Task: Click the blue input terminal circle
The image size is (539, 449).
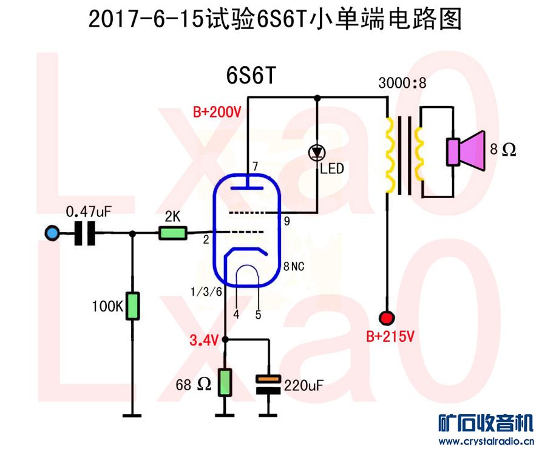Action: (52, 233)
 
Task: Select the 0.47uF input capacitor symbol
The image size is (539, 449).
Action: (85, 233)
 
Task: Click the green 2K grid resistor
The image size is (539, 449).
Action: (173, 233)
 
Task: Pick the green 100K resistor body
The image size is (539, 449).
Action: (132, 306)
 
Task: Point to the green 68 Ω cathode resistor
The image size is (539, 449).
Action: (225, 382)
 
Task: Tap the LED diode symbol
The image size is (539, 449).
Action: (316, 152)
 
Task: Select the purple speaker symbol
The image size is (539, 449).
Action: (466, 150)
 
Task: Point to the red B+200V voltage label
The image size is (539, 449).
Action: (217, 112)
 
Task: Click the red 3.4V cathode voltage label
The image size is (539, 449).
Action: (203, 341)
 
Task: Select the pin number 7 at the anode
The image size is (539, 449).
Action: (256, 167)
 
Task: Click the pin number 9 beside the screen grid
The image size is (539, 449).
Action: (286, 222)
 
